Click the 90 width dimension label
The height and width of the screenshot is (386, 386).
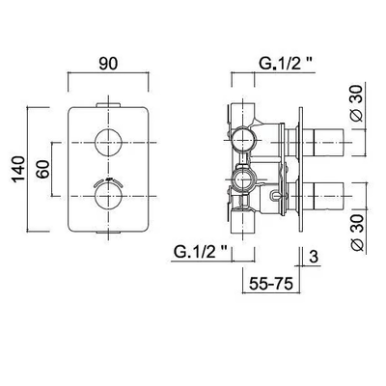click(x=108, y=64)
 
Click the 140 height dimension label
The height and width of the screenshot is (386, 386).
click(x=18, y=169)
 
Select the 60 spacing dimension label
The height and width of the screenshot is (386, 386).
click(x=43, y=169)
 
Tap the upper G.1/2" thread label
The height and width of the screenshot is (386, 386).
click(x=286, y=64)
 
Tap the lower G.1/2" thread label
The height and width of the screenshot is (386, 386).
click(x=201, y=252)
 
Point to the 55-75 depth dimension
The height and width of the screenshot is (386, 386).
click(x=271, y=284)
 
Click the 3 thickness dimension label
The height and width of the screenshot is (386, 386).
click(x=314, y=257)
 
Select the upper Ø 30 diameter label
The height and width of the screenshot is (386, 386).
click(x=357, y=103)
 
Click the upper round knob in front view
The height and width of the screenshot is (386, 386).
click(x=108, y=143)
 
